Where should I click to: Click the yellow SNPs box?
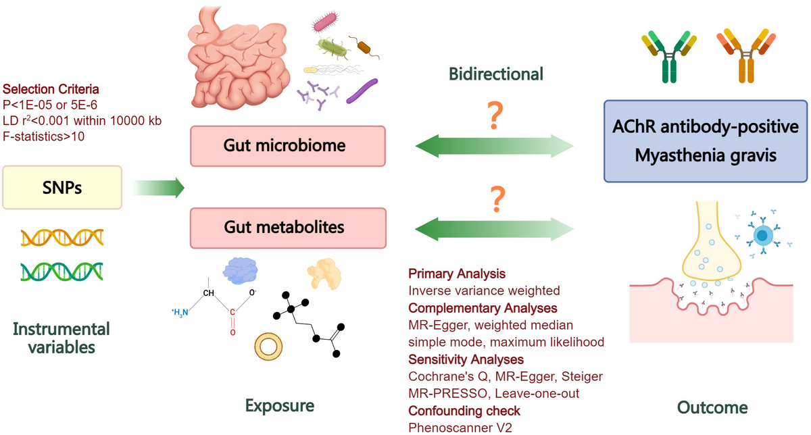click(x=62, y=187)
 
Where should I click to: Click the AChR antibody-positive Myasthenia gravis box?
click(x=706, y=141)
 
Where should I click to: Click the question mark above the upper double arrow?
click(x=496, y=117)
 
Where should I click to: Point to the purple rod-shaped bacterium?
click(x=362, y=91)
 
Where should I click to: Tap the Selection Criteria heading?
click(x=51, y=89)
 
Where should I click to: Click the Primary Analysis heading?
click(x=457, y=274)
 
